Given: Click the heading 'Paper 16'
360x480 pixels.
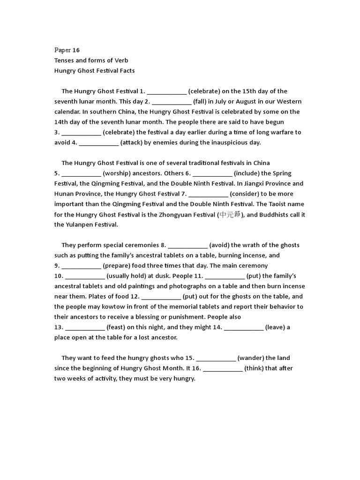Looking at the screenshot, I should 67,50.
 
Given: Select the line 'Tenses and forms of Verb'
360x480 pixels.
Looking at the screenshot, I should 91,60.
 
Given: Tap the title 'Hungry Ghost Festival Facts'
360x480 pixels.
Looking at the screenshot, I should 94,71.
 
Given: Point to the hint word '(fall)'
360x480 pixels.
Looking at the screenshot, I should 200,102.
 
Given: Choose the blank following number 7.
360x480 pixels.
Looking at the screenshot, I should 209,194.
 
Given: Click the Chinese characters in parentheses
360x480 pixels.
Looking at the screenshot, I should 230,215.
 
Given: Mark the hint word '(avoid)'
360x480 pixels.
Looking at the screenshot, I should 219,245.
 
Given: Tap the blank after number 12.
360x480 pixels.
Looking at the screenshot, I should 161,297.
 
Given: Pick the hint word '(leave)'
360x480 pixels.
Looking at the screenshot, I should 275,327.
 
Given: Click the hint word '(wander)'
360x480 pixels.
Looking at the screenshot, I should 251,358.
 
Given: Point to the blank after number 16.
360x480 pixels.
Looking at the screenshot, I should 223,368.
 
